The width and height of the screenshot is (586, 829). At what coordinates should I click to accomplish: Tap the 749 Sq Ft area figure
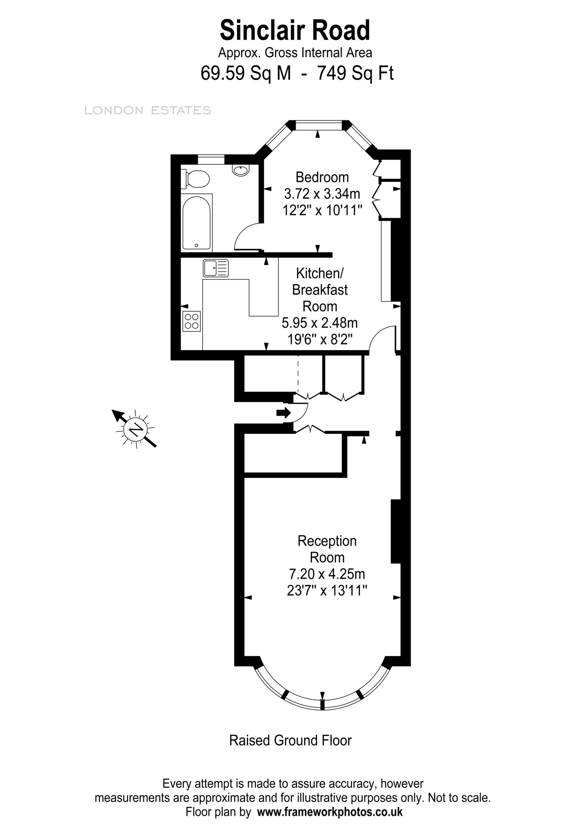coord(355,73)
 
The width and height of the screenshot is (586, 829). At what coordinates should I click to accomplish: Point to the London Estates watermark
coord(148,111)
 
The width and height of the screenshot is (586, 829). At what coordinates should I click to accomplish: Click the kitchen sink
coord(216,268)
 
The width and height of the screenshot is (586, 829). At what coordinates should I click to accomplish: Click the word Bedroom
coord(322,177)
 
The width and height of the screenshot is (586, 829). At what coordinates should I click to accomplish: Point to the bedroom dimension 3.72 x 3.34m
coord(322,194)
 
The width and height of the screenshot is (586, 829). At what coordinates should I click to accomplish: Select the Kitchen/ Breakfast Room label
coord(320,290)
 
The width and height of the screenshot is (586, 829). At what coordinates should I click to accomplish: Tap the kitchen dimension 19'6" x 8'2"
coord(320,339)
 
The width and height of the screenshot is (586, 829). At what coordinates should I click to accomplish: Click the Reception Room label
coord(327,549)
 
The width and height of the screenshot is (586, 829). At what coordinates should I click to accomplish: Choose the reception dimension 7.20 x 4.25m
coord(327,574)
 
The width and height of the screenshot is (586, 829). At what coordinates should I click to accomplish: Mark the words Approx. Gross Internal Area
coord(295,53)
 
